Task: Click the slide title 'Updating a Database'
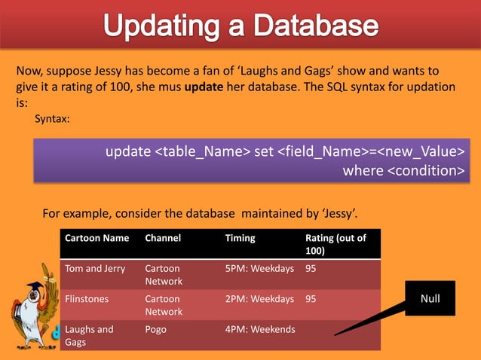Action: click(x=240, y=27)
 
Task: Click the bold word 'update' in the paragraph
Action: click(x=204, y=87)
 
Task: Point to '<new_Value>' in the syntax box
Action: click(x=420, y=153)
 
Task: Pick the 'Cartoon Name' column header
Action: click(x=97, y=238)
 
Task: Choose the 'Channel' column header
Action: click(x=163, y=238)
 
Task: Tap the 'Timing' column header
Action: click(x=240, y=238)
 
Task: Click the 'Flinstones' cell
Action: click(x=87, y=299)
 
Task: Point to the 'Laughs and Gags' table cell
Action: click(x=89, y=335)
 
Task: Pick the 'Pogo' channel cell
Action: click(x=157, y=329)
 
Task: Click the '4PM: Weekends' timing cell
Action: click(x=260, y=329)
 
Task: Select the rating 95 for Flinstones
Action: click(x=311, y=299)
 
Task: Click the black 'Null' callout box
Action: click(x=430, y=299)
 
